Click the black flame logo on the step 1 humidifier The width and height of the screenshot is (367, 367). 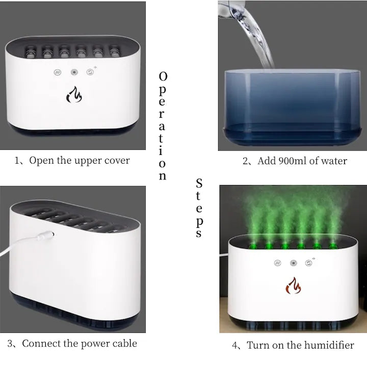[74, 95]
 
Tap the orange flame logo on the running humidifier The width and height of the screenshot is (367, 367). [293, 285]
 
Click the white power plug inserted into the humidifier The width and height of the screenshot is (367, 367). [46, 235]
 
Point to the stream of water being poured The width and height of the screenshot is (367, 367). [253, 35]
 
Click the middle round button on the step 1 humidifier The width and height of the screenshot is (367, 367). [74, 72]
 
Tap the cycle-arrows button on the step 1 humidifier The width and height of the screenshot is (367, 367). [90, 72]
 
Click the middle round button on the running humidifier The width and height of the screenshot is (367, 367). [293, 263]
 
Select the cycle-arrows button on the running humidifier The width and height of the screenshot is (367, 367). [309, 263]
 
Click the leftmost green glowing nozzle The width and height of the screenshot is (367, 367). [253, 246]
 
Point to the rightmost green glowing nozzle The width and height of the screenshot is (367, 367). [332, 246]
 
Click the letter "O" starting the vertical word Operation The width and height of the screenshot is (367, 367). [163, 76]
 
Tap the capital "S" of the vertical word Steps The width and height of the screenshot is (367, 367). [199, 183]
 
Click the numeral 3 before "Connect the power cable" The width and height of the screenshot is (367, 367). [10, 344]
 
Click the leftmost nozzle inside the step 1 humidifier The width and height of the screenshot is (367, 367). [30, 52]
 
